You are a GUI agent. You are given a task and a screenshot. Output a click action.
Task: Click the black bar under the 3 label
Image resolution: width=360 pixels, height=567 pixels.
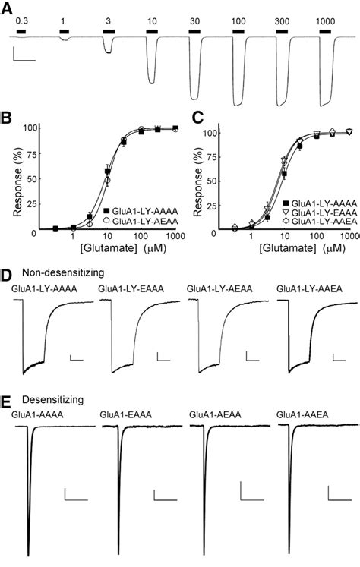click(x=109, y=32)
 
